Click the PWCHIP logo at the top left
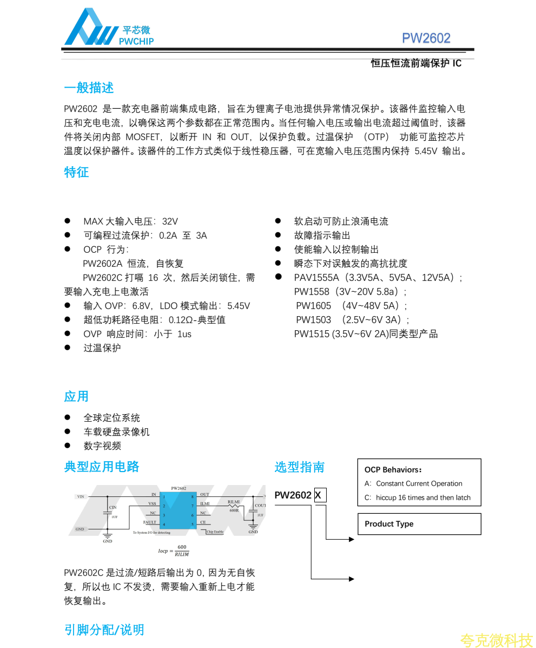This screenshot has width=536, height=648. pos(108,28)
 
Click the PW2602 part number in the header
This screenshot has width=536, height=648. pos(426,38)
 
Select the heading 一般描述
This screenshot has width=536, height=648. pos(89,88)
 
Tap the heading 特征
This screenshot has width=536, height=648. pos(76,173)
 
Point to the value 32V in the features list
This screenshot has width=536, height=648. pos(170,221)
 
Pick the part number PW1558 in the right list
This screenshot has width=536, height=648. pos(312,292)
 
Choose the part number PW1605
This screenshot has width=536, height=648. pos(314,306)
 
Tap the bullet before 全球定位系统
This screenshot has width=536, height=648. pos(68,417)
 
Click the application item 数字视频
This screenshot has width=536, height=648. pos(102,446)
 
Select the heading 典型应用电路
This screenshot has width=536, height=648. pos(102,467)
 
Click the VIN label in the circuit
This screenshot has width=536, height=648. pos(81,496)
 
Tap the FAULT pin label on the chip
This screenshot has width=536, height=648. pos(150,522)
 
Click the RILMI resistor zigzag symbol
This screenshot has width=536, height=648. pos(234,506)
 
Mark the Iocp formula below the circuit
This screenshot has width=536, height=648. pos(173,551)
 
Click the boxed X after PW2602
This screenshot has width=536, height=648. pos(320,495)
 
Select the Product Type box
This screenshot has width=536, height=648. pos(419,524)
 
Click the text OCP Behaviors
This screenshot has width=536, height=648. pos(393,470)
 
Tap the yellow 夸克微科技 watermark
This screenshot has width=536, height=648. pos(497,640)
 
